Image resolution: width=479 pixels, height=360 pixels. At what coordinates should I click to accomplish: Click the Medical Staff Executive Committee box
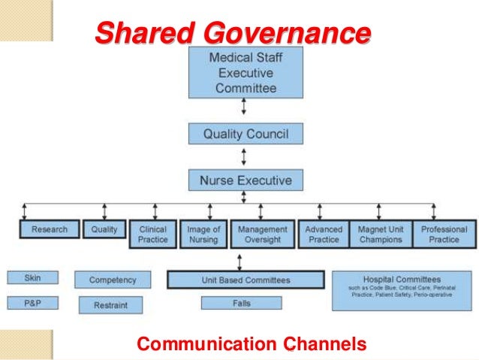tap(246, 72)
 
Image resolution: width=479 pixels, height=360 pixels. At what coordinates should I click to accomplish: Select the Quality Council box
tap(246, 135)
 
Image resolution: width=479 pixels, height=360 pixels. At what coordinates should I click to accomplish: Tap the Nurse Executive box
tap(246, 180)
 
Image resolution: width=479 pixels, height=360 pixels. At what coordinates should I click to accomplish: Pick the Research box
tap(50, 230)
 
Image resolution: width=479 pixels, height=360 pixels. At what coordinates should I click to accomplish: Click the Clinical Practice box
tap(153, 234)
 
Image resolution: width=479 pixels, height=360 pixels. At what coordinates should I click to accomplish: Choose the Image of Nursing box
tap(203, 234)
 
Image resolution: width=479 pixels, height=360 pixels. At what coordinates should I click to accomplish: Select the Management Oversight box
tap(262, 234)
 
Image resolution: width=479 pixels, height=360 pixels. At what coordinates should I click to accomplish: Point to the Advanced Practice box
tap(324, 234)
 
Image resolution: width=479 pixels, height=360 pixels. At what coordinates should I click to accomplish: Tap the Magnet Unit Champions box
tap(380, 234)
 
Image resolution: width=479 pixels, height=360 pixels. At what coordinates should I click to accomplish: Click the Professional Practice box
tap(443, 234)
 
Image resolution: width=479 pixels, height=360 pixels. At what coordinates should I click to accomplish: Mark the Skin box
tap(32, 278)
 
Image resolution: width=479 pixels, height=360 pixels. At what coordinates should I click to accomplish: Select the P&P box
tap(32, 304)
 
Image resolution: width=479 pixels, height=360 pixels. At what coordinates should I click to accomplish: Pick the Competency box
tap(113, 280)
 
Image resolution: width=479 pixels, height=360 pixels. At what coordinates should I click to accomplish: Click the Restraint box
tap(111, 305)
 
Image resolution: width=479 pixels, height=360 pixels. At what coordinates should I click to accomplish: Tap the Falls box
tap(241, 303)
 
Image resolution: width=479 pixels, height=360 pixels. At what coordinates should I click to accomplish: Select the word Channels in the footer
tap(325, 345)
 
